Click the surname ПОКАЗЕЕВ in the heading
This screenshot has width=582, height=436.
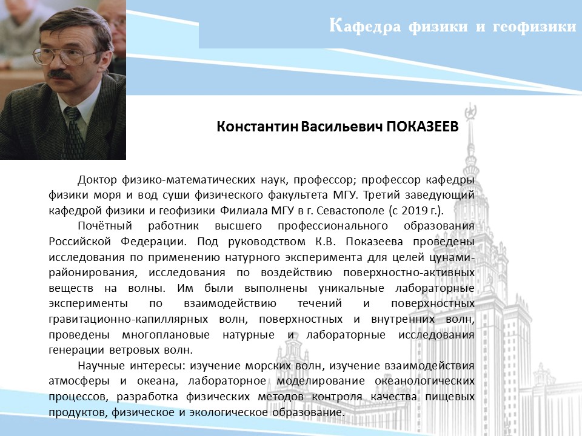pos(423,127)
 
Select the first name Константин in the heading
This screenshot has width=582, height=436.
pos(257,127)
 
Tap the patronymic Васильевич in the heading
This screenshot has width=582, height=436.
pos(342,127)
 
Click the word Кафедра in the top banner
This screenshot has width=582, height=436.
pos(365,26)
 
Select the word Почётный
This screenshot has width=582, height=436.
pos(105,226)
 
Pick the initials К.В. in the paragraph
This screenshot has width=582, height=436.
pos(326,242)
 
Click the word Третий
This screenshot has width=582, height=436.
pos(381,195)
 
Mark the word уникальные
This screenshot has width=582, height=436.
pos(351,288)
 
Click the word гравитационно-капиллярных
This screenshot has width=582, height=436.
pos(128,319)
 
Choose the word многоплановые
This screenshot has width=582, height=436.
pos(166,335)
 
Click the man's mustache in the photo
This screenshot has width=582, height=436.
pos(60,74)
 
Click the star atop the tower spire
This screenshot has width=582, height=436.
pos(470,111)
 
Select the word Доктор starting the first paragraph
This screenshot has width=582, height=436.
pos(98,180)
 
